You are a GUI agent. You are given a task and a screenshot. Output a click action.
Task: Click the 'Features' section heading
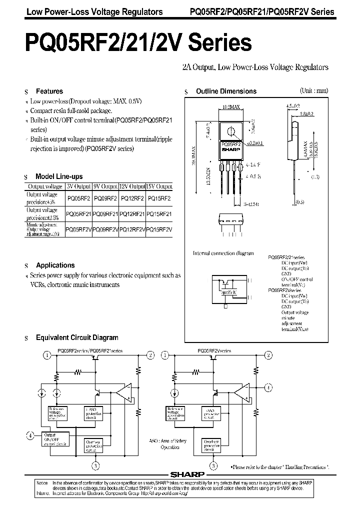tap(49, 91)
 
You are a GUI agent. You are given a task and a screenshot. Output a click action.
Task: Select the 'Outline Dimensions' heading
tap(225, 91)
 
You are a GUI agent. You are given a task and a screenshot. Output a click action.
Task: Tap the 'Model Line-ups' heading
tap(59, 176)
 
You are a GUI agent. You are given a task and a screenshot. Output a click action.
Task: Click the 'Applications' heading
tap(55, 265)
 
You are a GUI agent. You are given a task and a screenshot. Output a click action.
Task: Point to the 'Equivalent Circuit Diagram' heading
tap(77, 338)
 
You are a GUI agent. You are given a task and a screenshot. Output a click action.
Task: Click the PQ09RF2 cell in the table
tap(105, 198)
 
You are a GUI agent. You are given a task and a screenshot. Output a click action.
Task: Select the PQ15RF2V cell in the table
tap(158, 229)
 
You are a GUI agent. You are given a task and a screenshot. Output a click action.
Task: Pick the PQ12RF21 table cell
tap(132, 214)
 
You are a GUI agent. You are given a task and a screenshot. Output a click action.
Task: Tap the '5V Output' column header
tap(78, 186)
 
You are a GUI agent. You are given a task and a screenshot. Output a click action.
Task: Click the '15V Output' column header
tap(158, 186)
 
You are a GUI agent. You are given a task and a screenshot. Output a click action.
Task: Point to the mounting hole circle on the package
tap(231, 132)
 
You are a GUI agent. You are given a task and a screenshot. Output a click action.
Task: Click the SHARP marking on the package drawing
tap(230, 149)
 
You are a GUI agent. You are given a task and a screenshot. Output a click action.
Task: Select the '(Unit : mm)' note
tap(313, 91)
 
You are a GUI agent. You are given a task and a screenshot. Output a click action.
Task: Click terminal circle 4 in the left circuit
tap(31, 435)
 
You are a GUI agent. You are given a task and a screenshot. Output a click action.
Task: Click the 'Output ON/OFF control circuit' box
tap(55, 438)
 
